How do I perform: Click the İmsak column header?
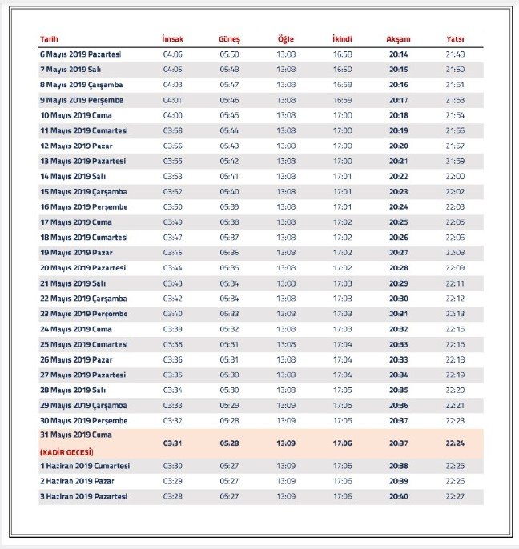172,39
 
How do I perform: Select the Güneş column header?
229,39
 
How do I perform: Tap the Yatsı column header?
455,39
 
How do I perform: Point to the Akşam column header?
398,39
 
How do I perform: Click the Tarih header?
49,39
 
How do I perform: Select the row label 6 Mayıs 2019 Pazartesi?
80,54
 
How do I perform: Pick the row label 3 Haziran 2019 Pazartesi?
83,496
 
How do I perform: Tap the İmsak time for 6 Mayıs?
173,54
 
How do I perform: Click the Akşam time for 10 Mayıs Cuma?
398,115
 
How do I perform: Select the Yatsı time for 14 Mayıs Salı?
455,176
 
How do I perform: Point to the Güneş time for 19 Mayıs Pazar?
229,253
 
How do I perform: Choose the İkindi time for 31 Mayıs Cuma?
342,443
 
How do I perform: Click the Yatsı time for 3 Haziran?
455,496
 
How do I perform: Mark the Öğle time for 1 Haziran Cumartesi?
286,466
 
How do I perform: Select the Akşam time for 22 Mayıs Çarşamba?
398,299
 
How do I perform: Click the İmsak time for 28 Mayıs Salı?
173,390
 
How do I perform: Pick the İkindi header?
342,39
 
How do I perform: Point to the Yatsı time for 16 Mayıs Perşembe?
455,206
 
